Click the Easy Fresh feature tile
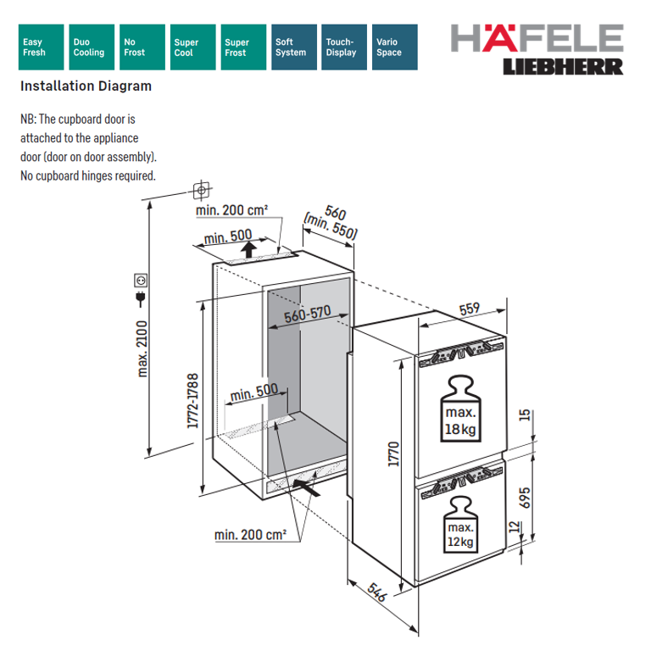click(41, 47)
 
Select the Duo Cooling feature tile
click(92, 47)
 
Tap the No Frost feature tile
click(142, 47)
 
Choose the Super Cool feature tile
click(193, 47)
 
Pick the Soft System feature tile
click(294, 47)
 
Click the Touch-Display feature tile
click(344, 47)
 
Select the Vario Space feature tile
click(395, 47)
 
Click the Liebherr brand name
click(563, 67)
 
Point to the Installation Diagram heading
click(86, 86)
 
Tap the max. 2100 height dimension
click(142, 348)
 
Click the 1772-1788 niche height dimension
click(192, 401)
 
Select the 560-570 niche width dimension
click(308, 314)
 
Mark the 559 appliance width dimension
click(470, 309)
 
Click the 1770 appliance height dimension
click(393, 453)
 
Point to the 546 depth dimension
click(377, 592)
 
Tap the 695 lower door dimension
click(525, 498)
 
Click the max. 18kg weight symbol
click(460, 408)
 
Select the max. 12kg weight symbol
click(461, 525)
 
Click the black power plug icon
click(141, 299)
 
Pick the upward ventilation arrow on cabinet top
click(248, 249)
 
